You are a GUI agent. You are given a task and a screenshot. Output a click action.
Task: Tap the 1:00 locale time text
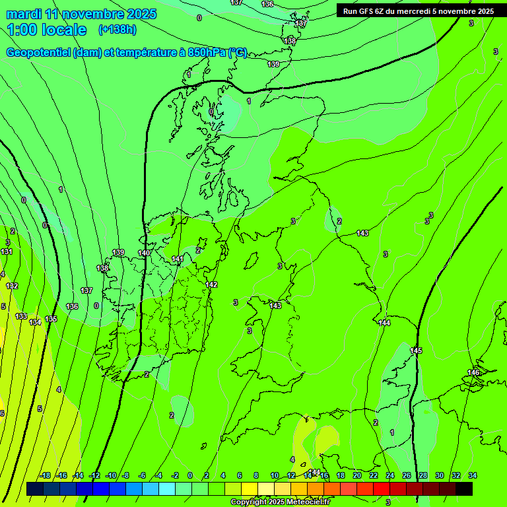[x=46, y=30]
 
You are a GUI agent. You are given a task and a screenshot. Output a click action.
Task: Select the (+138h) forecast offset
[x=117, y=30]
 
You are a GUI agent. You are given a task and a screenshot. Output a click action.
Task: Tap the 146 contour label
[x=473, y=373]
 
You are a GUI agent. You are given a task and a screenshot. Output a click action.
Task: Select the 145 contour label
[x=416, y=351]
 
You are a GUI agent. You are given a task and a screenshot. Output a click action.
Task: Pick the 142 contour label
[x=211, y=285]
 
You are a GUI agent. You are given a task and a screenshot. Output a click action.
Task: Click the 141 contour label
[x=177, y=259]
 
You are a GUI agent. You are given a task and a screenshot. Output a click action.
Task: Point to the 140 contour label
[x=144, y=253]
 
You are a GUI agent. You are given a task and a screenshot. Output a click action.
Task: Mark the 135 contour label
[x=51, y=320]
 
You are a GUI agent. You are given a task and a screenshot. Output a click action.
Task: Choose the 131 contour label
[x=7, y=252]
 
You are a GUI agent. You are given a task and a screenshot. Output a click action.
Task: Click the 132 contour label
[x=12, y=286]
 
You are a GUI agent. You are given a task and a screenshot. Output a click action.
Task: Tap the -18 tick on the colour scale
[x=45, y=475]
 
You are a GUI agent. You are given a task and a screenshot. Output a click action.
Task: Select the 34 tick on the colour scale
[x=473, y=475]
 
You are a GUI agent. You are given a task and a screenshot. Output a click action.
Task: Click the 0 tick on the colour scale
[x=190, y=475]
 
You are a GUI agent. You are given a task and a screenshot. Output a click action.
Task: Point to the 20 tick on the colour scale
[x=356, y=475]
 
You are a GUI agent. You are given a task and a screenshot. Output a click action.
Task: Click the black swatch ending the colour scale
[x=464, y=489]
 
